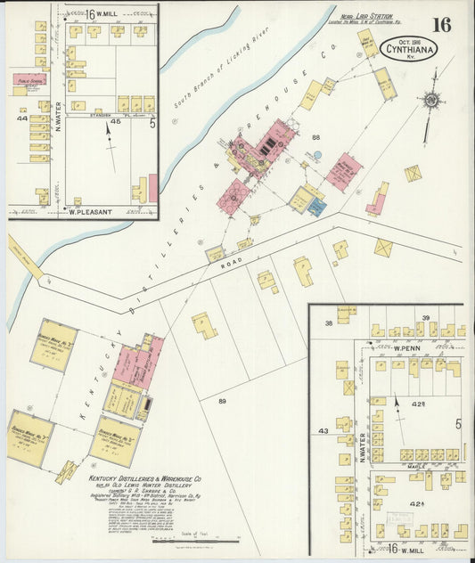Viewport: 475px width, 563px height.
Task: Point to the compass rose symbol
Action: tap(431, 102)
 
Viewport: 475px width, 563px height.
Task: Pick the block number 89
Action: tap(222, 402)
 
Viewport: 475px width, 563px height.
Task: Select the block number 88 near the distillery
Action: tap(315, 136)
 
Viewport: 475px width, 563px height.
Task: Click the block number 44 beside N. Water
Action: tap(21, 118)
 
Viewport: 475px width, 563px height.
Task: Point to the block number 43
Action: tap(323, 430)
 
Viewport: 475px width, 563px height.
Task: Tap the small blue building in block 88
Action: tap(316, 207)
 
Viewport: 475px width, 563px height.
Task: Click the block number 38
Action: tap(329, 322)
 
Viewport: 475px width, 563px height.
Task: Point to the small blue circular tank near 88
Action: tap(316, 156)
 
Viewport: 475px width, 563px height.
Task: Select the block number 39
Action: tap(426, 318)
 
